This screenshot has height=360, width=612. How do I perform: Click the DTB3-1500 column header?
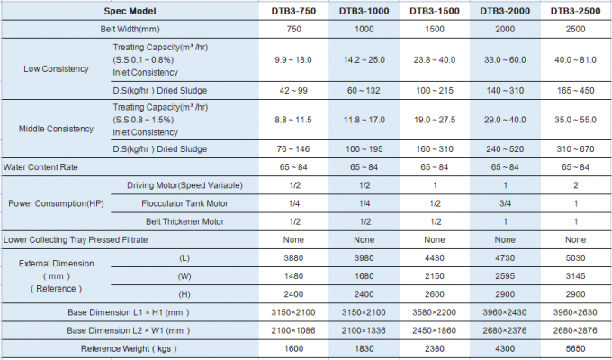[435, 11]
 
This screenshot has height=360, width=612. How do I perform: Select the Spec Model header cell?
[130, 11]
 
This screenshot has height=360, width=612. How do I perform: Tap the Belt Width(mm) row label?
[130, 30]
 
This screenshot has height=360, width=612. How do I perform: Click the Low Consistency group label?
[56, 68]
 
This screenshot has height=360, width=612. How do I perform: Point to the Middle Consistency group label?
[56, 129]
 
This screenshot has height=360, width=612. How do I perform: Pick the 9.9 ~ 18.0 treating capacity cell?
[293, 60]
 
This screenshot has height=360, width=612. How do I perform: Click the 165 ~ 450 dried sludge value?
[575, 91]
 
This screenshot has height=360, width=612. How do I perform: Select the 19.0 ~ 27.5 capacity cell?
[435, 120]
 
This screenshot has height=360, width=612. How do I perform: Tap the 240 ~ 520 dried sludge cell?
[505, 149]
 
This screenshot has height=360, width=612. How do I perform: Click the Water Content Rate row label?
[40, 167]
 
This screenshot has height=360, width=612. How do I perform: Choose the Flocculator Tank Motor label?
[184, 203]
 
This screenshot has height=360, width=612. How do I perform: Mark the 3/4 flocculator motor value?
[505, 203]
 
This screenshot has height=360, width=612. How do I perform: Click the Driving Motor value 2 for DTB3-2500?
[575, 185]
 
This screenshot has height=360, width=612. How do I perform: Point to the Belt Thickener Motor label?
[184, 221]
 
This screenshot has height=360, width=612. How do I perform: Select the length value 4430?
[435, 258]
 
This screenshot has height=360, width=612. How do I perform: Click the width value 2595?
[505, 276]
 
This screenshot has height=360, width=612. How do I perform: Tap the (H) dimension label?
[184, 294]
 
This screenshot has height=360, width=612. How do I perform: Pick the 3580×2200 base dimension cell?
[435, 312]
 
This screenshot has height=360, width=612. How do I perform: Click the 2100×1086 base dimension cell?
[293, 330]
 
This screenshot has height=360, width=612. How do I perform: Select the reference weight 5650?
[575, 348]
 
